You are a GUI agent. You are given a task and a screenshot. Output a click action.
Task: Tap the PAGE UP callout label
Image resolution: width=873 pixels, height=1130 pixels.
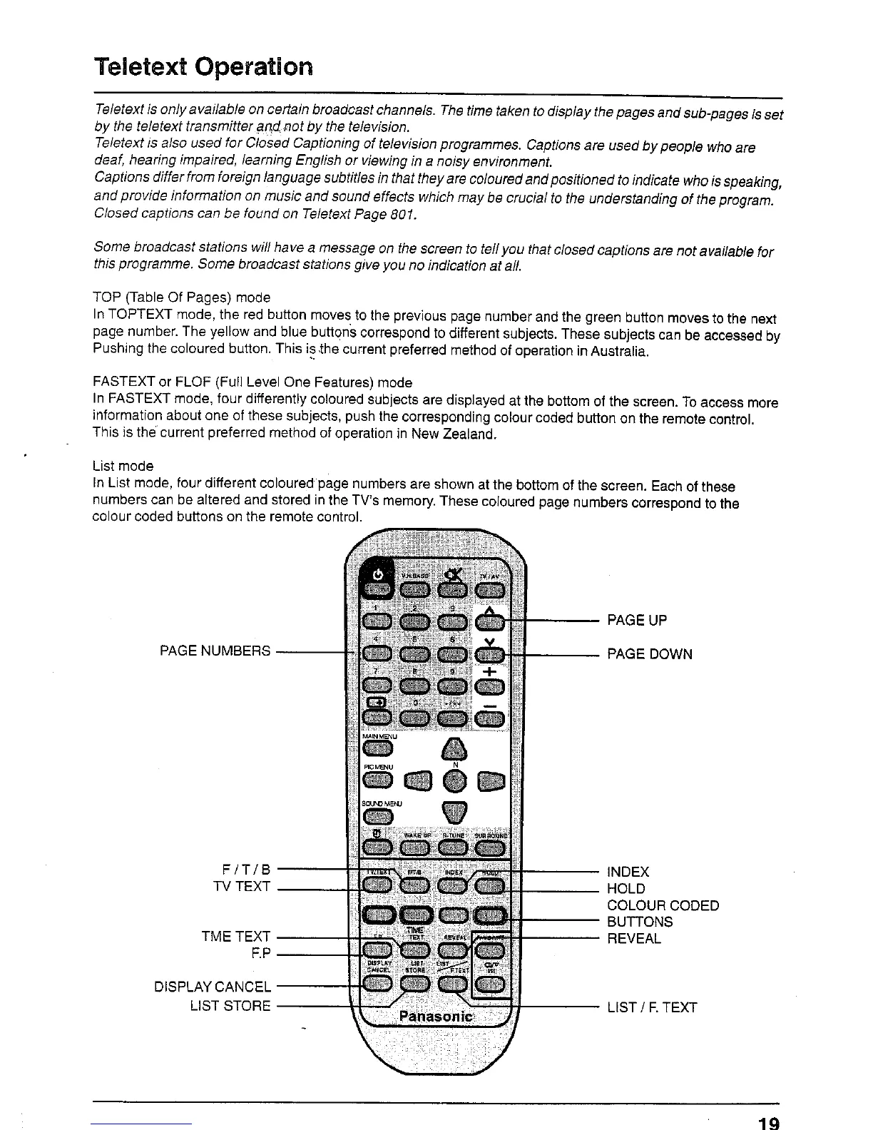[x=636, y=620]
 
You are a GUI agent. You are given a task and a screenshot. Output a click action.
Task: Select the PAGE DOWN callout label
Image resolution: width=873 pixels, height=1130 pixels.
[x=649, y=654]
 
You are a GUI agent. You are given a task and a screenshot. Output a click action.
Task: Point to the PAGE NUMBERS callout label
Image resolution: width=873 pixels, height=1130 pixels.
[x=215, y=651]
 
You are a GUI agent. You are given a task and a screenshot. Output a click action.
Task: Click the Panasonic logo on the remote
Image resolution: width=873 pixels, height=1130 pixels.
[x=435, y=1016]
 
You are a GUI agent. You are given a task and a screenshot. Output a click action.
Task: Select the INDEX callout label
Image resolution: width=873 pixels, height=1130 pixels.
[x=628, y=872]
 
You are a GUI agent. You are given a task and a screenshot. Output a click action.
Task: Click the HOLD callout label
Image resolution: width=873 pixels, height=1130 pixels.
[x=626, y=889]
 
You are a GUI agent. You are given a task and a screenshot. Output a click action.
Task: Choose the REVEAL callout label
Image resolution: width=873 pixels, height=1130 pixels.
[x=633, y=939]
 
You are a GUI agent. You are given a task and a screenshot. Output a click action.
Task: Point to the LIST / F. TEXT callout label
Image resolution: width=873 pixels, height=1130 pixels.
[x=651, y=1007]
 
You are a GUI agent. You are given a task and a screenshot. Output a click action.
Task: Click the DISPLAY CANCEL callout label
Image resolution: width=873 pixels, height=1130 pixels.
[x=213, y=987]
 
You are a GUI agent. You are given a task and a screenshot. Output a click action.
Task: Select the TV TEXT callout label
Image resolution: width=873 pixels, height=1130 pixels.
[x=242, y=887]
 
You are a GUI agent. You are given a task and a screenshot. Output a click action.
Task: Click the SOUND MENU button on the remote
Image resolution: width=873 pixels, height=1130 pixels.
[x=378, y=815]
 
